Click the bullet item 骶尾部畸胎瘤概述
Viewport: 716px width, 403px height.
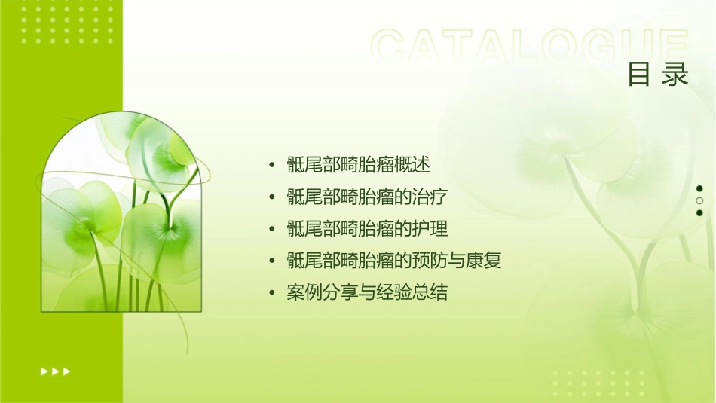pos(358,164)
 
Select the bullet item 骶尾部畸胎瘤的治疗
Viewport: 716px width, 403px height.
pos(367,197)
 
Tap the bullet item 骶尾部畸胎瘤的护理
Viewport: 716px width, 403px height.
pos(367,228)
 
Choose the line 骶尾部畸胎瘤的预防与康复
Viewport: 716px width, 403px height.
pos(393,261)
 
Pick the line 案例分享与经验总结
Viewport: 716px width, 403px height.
pos(367,292)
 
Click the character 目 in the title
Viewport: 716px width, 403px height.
pos(639,75)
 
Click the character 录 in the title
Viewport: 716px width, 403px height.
pos(676,75)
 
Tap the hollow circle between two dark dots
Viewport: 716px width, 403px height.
pos(699,200)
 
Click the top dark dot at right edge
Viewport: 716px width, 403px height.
pos(699,188)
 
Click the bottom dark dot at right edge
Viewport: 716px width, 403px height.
pos(699,212)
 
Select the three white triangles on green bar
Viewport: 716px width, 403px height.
pos(56,371)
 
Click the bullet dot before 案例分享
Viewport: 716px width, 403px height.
pos(272,293)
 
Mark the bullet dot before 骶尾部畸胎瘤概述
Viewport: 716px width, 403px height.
pos(272,165)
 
